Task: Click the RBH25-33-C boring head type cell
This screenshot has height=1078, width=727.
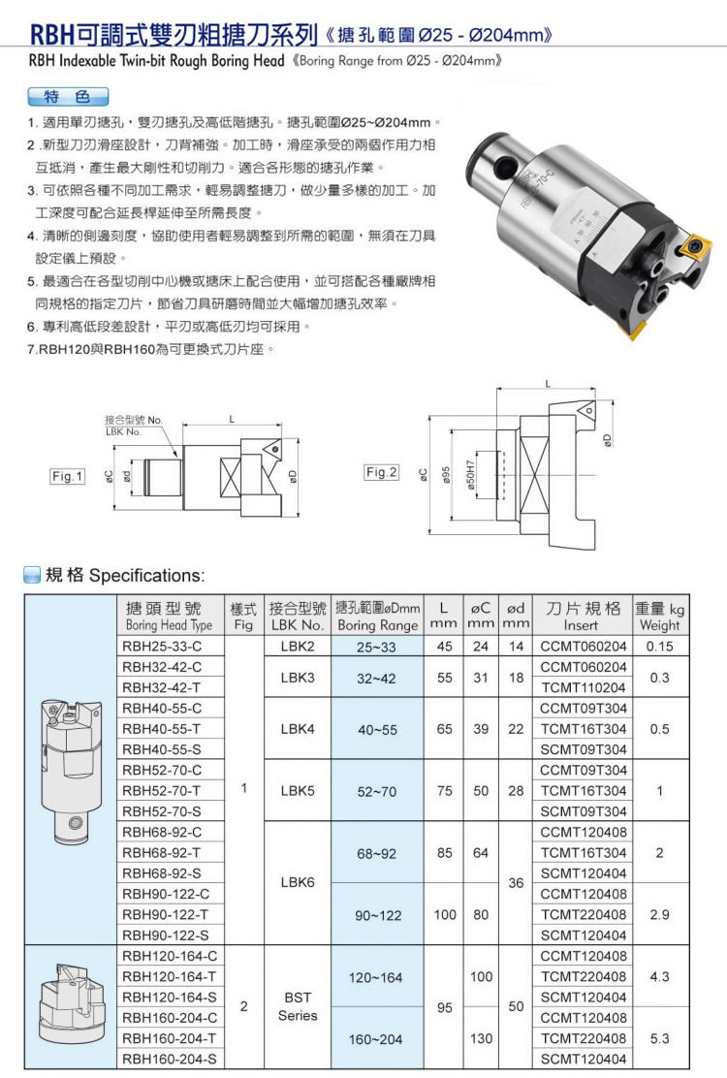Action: (162, 647)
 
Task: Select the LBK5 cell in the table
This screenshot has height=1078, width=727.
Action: (298, 790)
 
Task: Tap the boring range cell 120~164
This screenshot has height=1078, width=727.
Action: (376, 976)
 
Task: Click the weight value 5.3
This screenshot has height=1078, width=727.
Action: (660, 1037)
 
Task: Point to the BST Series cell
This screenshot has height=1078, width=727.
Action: (298, 1006)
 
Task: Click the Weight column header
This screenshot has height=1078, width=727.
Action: (660, 617)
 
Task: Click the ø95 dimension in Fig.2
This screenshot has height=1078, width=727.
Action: (446, 474)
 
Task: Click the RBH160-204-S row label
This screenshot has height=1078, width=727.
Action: (170, 1058)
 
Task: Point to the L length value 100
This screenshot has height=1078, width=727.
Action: (445, 914)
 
